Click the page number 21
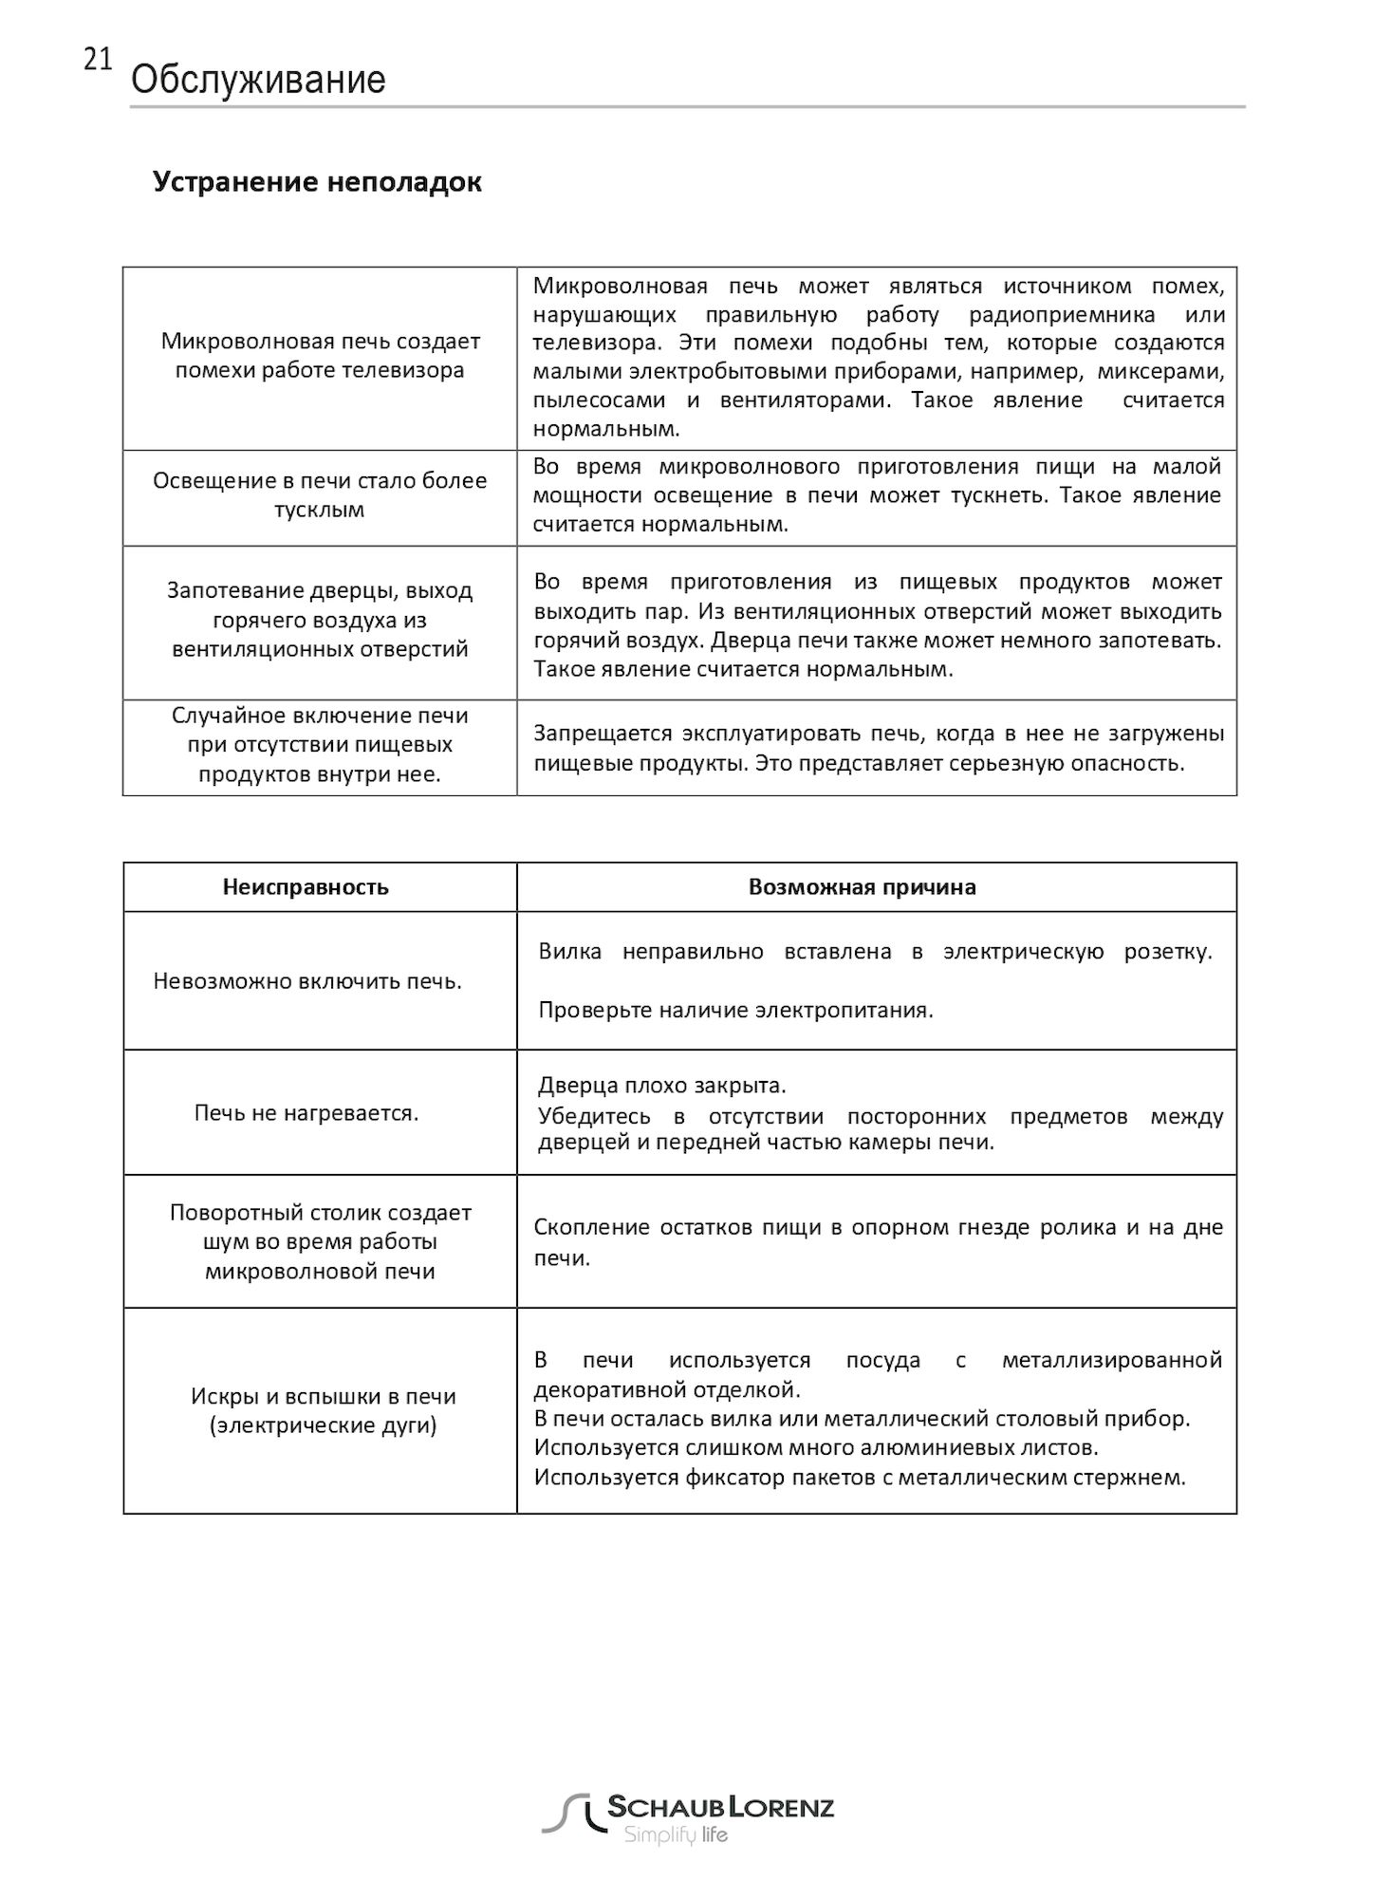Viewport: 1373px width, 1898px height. coord(98,61)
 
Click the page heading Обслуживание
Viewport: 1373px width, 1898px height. coord(258,81)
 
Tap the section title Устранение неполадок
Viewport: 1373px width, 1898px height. coord(317,181)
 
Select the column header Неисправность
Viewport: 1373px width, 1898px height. coord(306,887)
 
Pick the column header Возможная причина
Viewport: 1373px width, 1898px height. coord(862,887)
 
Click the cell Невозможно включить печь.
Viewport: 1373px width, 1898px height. coord(307,981)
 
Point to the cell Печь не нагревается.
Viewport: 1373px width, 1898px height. coord(306,1112)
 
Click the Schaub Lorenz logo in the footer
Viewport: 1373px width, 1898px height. coord(688,1818)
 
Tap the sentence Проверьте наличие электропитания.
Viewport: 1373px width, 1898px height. coord(735,1010)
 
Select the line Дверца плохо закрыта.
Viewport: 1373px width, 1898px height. coord(662,1086)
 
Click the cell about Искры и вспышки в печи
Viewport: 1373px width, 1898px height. coord(323,1410)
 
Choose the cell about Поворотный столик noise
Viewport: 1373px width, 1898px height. coord(320,1241)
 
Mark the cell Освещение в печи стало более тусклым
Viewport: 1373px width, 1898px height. coord(320,494)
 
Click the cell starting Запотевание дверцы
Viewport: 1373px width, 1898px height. coord(320,620)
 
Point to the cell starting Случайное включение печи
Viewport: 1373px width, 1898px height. coord(320,745)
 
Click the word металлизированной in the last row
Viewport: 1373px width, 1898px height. coord(1111,1361)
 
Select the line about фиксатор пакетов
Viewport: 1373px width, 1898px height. coord(860,1478)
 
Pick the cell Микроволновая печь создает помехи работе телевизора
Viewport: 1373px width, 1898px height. coord(320,355)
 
